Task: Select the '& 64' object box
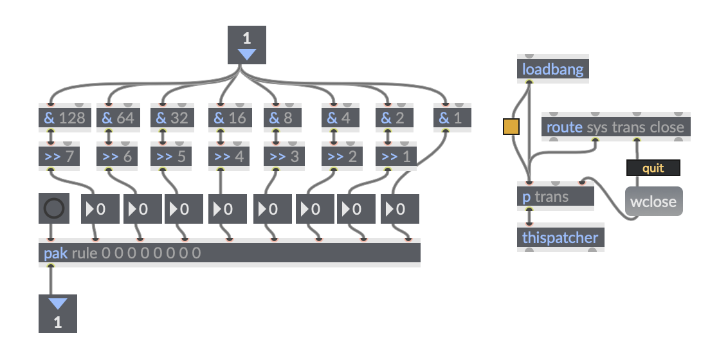point(118,118)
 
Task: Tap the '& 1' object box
point(452,118)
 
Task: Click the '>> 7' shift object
point(59,156)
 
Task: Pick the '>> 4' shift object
point(229,156)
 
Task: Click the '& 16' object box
point(229,118)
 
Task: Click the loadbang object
point(552,69)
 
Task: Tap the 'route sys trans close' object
point(615,127)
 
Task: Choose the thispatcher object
point(561,238)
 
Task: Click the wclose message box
point(653,202)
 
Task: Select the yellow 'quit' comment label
point(653,168)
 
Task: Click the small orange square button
point(511,127)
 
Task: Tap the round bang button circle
point(53,208)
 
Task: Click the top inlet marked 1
point(247,45)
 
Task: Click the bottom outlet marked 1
point(58,313)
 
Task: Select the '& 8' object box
point(283,118)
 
